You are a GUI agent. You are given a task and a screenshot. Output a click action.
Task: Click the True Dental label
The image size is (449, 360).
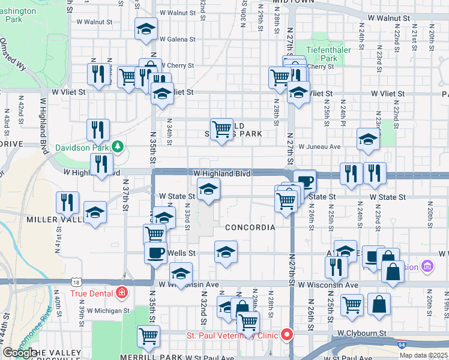point(92,293)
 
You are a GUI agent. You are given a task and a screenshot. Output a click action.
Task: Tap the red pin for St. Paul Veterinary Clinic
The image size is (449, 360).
point(288,335)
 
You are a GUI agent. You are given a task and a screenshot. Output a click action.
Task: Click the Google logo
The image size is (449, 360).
point(19,353)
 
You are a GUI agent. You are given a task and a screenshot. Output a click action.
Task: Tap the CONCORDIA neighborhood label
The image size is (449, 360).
point(250,227)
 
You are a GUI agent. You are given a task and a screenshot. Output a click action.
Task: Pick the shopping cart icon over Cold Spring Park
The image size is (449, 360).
point(222,129)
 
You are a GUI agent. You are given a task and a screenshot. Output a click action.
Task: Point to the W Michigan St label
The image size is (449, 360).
point(108,311)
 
